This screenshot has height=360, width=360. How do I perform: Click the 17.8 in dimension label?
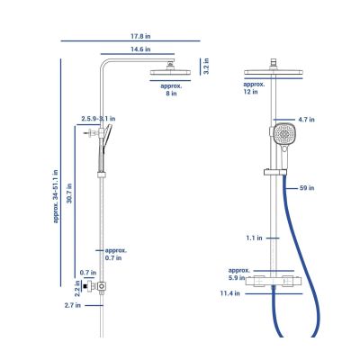click(140, 36)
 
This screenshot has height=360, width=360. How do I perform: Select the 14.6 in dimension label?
click(140, 49)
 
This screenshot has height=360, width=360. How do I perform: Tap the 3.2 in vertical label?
click(206, 67)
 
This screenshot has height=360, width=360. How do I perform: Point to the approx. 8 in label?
click(171, 90)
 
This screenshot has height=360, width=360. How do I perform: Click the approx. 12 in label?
click(254, 88)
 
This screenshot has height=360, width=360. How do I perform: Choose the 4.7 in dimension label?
click(306, 120)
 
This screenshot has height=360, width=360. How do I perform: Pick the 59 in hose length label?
click(307, 188)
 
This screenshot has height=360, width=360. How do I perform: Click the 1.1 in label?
click(254, 238)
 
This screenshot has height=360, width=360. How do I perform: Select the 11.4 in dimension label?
click(230, 293)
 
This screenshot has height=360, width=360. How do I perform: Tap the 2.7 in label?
click(73, 305)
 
